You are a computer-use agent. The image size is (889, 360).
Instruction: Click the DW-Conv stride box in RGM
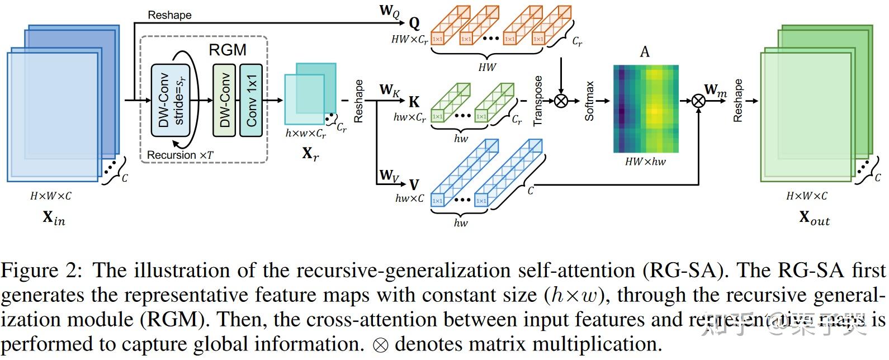click(171, 101)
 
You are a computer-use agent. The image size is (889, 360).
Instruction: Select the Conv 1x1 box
click(251, 101)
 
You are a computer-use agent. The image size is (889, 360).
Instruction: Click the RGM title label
click(228, 50)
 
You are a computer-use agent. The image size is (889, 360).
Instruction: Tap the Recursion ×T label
click(180, 155)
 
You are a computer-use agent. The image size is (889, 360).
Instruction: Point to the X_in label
click(54, 217)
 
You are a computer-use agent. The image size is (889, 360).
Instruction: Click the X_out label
click(814, 217)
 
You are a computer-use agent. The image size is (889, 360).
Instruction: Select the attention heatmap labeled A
click(646, 109)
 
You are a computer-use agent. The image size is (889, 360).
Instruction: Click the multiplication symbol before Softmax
click(560, 101)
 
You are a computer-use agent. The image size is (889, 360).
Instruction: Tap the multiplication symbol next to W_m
click(698, 101)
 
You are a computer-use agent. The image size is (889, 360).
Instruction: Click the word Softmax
click(589, 101)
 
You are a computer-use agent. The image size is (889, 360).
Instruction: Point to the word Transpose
click(538, 101)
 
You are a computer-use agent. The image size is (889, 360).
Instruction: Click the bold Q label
click(414, 23)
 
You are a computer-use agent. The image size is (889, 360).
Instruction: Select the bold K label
click(414, 101)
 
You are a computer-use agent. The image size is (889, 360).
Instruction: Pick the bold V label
click(414, 185)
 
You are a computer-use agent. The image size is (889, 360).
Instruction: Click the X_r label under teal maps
click(310, 153)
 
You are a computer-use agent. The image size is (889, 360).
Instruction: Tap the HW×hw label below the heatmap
click(645, 162)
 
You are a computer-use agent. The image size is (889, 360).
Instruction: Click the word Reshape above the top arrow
click(169, 15)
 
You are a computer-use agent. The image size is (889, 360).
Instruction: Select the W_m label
click(715, 90)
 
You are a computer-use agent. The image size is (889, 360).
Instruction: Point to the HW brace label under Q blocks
click(487, 67)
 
